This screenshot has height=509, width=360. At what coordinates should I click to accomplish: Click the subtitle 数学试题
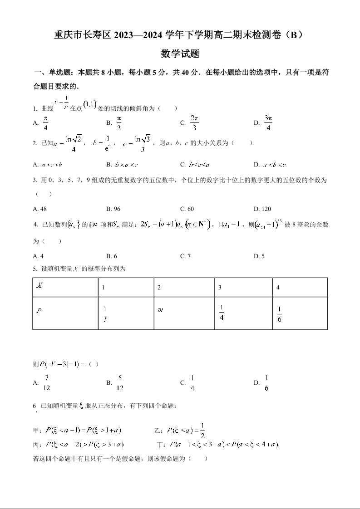pos(180,54)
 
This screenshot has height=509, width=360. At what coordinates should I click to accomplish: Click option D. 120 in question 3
pos(262,209)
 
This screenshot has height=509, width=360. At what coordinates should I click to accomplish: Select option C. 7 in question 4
pos(185,256)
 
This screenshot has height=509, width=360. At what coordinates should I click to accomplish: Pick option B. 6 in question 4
pos(112,256)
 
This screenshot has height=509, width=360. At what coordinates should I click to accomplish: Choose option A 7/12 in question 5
pos(43,383)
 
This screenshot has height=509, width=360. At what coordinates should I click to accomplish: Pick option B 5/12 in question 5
pos(116,383)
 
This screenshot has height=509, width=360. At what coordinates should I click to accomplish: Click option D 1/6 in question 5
pos(262,383)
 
